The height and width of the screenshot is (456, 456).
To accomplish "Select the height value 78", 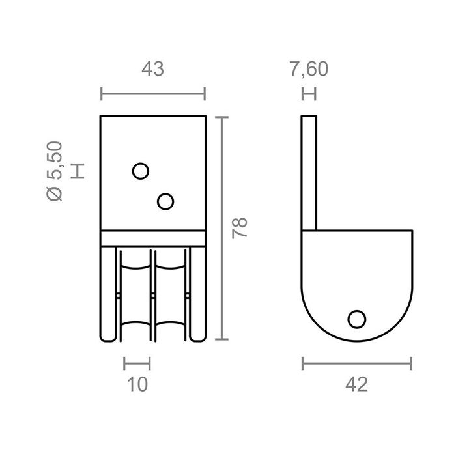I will (x=240, y=228).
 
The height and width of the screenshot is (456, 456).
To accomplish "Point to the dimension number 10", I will (x=137, y=384).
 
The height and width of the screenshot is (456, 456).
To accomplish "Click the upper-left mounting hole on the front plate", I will (x=140, y=171).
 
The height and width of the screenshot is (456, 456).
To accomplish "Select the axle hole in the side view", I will (x=356, y=319).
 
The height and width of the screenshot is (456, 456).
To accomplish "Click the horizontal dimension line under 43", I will (x=153, y=94).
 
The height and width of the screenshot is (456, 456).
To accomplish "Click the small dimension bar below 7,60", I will (x=309, y=94).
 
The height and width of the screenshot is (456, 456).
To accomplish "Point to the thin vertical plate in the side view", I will (x=309, y=173).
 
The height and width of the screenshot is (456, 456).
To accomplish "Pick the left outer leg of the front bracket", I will (x=108, y=293).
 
